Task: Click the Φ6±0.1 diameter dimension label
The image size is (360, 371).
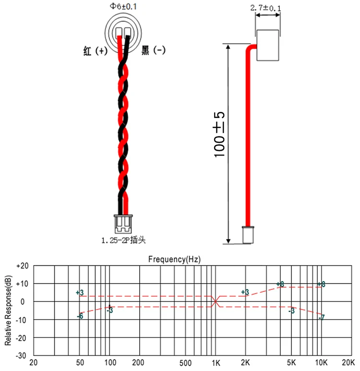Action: coord(123,6)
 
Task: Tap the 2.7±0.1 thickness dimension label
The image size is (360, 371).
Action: coord(265,8)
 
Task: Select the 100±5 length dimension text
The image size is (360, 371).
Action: coord(219,134)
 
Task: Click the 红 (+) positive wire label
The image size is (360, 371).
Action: coord(95,50)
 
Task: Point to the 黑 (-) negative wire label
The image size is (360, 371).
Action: coord(153,50)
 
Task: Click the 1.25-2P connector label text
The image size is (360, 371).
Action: coord(123,240)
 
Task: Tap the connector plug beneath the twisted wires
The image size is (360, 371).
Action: coord(123,224)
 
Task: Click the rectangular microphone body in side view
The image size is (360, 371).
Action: coord(268,45)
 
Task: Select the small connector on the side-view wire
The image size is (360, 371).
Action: coord(248,235)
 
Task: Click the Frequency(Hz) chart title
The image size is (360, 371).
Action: coord(174,259)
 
